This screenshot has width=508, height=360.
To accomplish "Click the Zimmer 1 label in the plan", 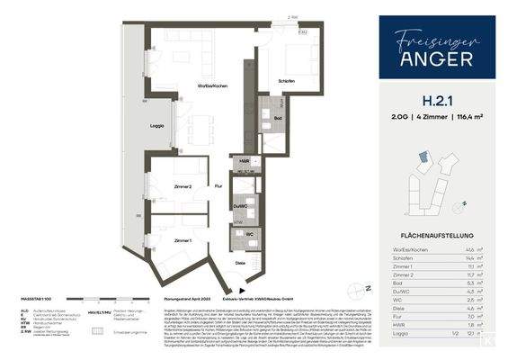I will tap(183, 241).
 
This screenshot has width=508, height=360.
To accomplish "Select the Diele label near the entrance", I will tap(241, 262).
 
